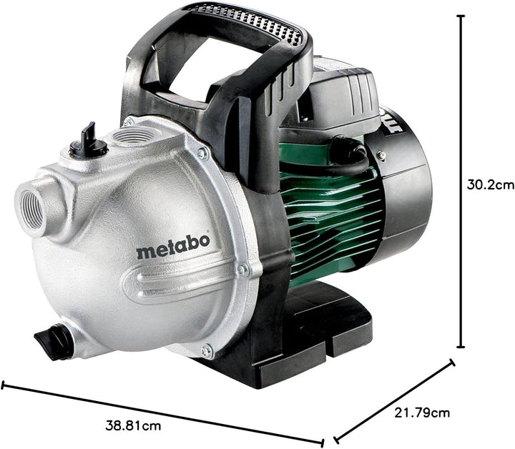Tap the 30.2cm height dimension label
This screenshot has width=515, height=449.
[x=491, y=184]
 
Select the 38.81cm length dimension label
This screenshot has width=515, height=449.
[x=133, y=426]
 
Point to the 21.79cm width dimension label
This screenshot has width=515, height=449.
[x=422, y=413]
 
